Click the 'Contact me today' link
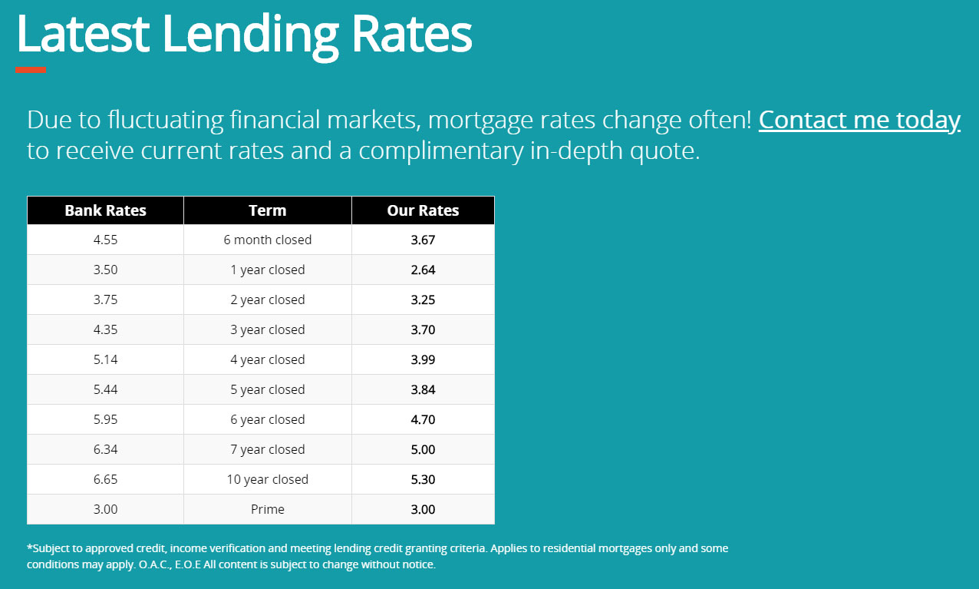point(859,120)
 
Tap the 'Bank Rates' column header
point(105,210)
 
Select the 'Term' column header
point(268,210)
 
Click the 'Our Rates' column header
point(423,210)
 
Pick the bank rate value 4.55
point(105,240)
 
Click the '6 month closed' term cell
point(268,240)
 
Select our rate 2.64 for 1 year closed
point(423,270)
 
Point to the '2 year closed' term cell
point(268,299)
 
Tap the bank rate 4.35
point(105,329)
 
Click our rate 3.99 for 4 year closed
point(423,359)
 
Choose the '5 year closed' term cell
point(268,389)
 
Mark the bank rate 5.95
point(105,419)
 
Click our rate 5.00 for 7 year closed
point(423,449)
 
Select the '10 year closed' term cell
point(268,479)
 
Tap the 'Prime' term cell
point(268,509)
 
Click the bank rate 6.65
point(105,479)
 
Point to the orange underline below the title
point(31,70)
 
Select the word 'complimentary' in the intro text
point(441,151)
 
